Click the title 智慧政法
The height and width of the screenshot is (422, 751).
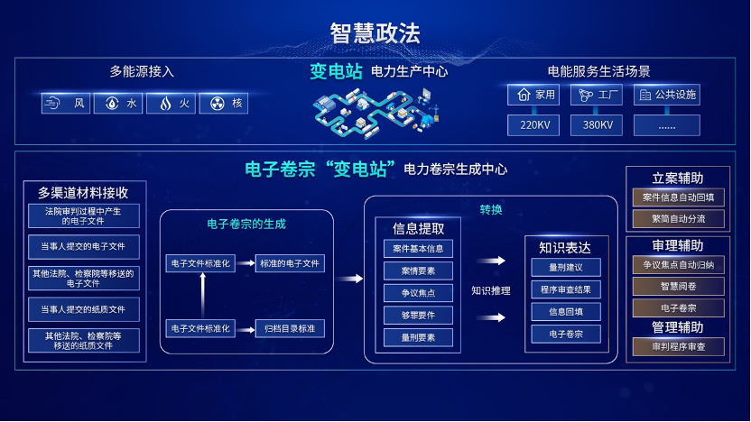pyautogui.click(x=375, y=33)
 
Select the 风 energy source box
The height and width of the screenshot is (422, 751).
pyautogui.click(x=66, y=104)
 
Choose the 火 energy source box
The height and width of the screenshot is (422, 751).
pyautogui.click(x=171, y=104)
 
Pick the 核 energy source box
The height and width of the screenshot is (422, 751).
pyautogui.click(x=223, y=104)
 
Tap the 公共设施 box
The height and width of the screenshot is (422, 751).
pyautogui.click(x=666, y=95)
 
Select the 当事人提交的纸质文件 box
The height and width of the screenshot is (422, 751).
pyautogui.click(x=83, y=309)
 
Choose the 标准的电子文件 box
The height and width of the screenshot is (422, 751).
pyautogui.click(x=290, y=264)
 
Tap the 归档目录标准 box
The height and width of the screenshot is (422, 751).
pyautogui.click(x=290, y=328)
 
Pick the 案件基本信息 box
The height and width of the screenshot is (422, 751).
pyautogui.click(x=418, y=249)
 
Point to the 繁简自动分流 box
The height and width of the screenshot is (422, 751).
pyautogui.click(x=679, y=218)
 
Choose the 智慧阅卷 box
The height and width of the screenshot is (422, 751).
pyautogui.click(x=679, y=287)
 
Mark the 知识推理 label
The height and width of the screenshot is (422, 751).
pyautogui.click(x=490, y=290)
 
